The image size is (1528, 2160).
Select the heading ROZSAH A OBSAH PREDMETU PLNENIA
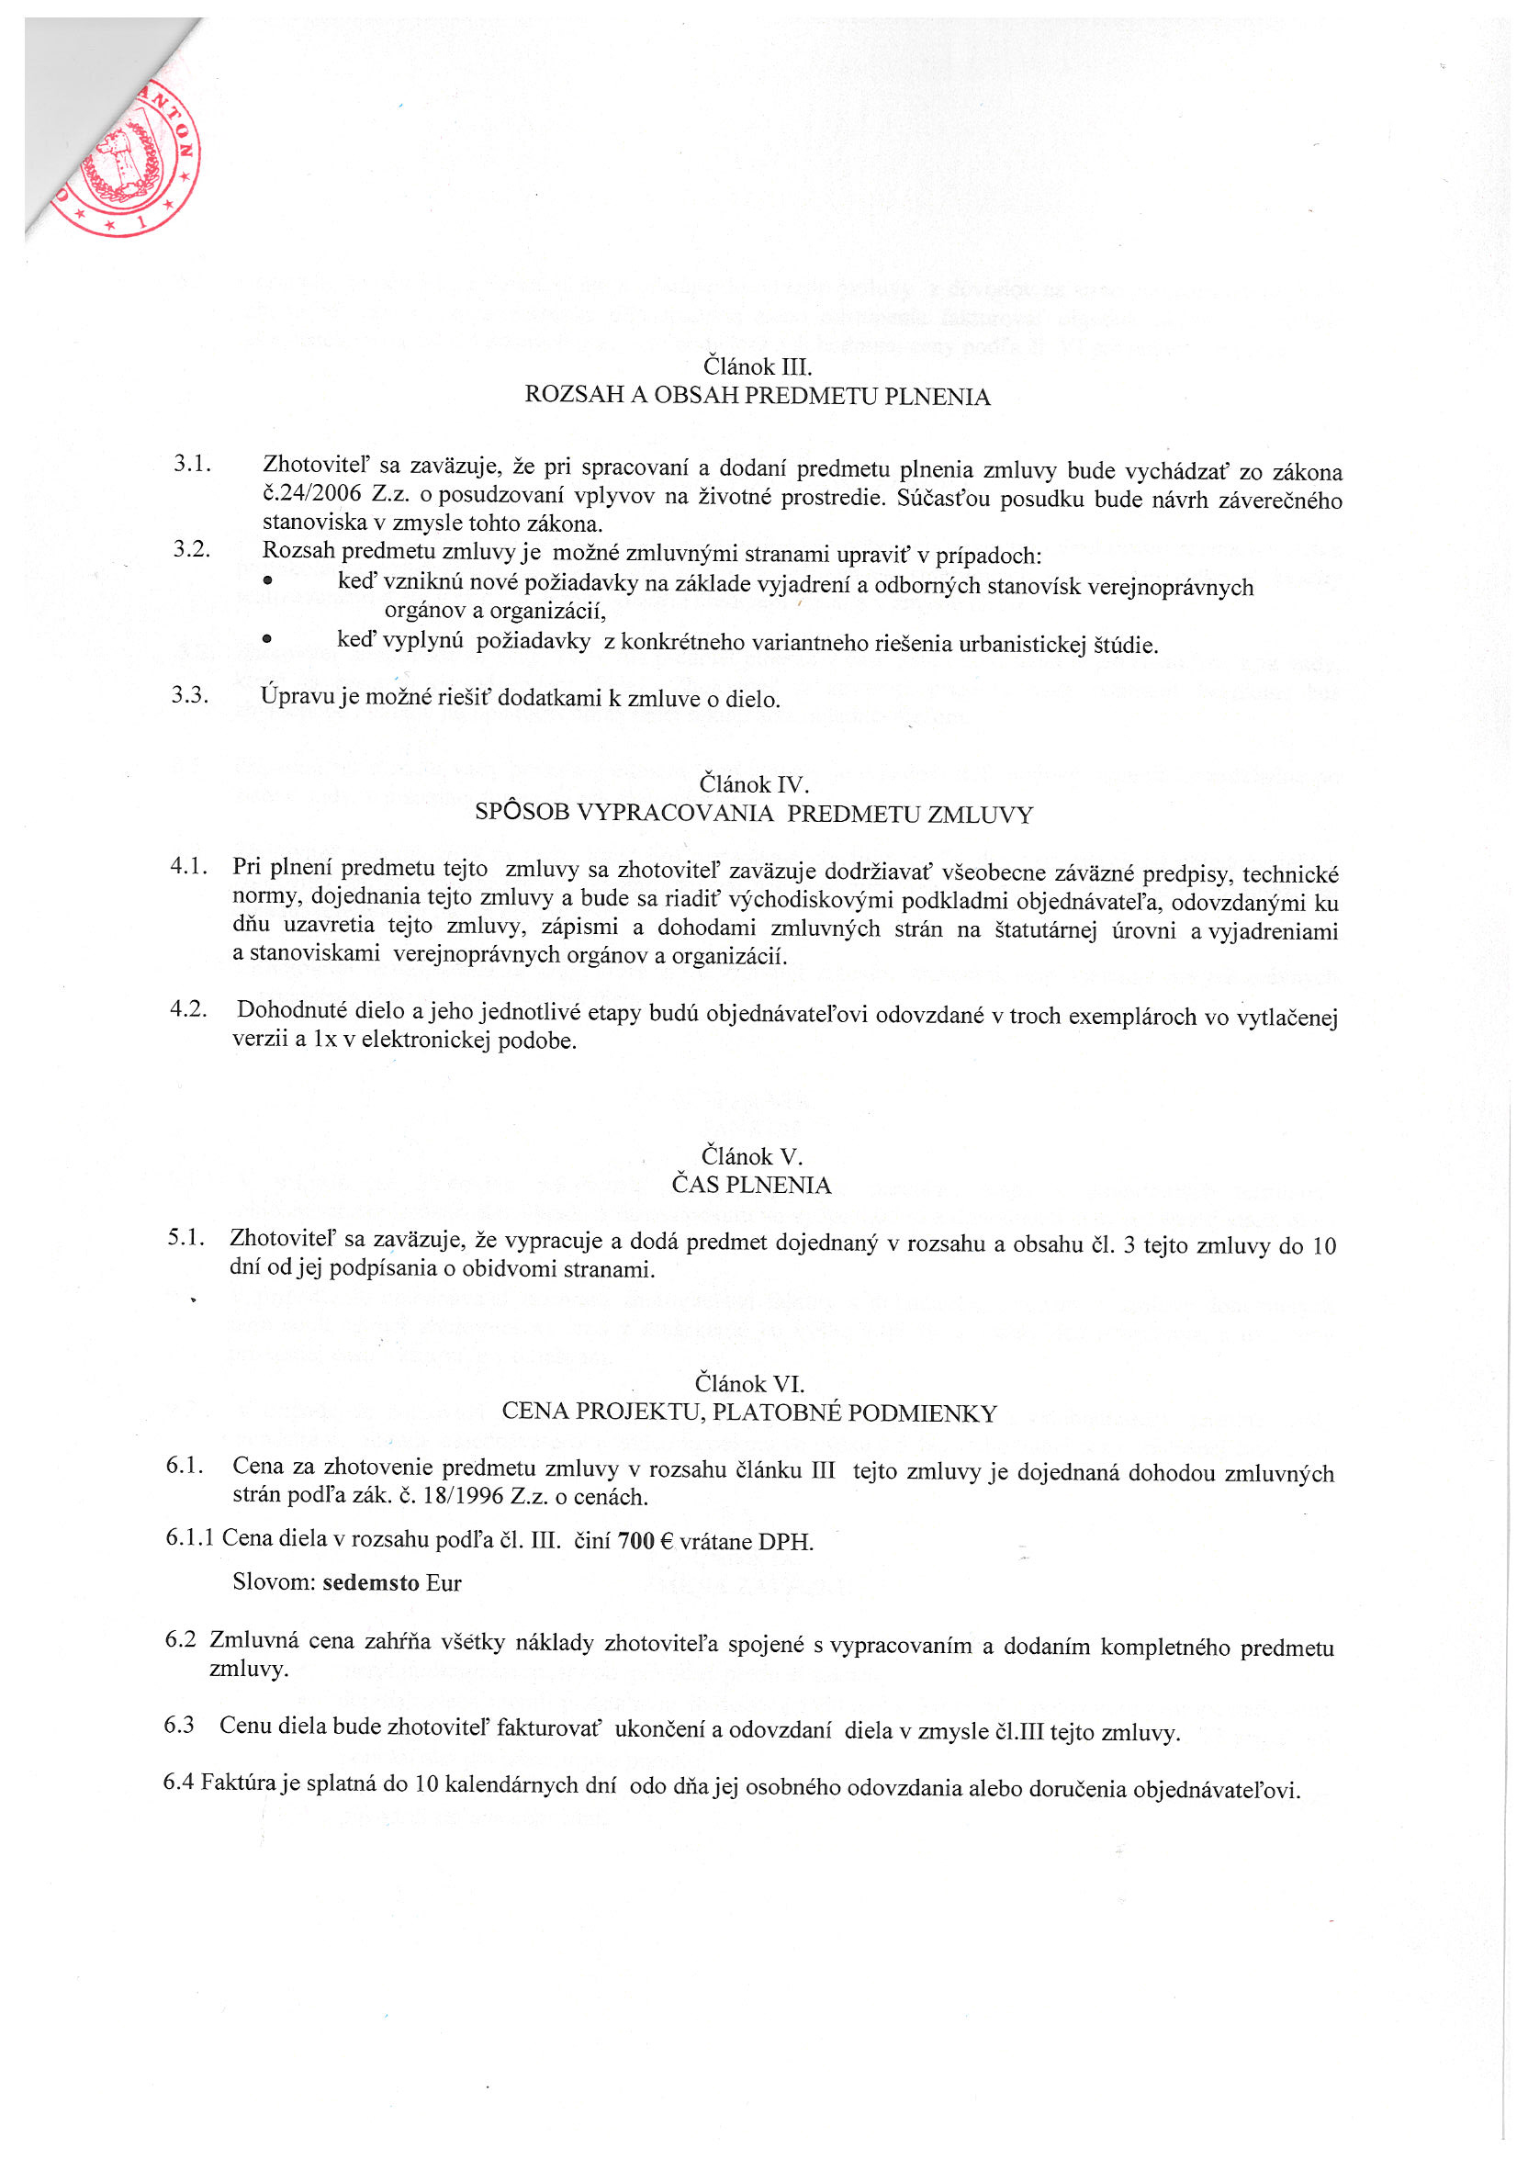click(x=757, y=396)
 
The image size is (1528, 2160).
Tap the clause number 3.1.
click(x=192, y=463)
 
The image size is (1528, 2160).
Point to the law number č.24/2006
click(x=311, y=494)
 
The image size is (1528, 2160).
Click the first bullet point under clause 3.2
click(x=268, y=581)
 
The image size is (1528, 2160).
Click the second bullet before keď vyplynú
click(x=268, y=639)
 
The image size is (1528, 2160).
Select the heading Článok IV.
click(x=754, y=782)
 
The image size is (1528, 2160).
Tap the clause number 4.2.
click(x=188, y=1009)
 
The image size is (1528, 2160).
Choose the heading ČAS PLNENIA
click(x=751, y=1185)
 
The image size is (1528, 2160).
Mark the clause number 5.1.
click(x=186, y=1237)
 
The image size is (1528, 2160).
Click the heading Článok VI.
click(x=749, y=1383)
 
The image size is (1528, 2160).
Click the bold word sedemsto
click(x=371, y=1582)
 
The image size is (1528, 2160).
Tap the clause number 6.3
click(x=179, y=1725)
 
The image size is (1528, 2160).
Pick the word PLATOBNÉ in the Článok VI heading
click(x=802, y=1412)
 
